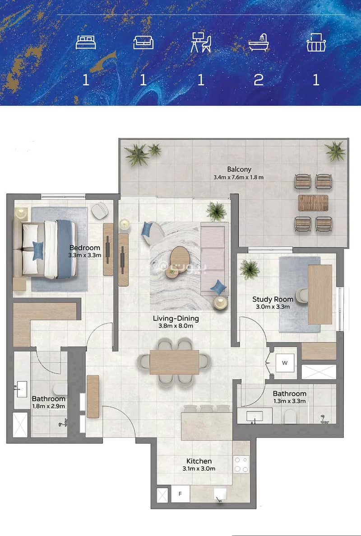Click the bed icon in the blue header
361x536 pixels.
click(x=86, y=42)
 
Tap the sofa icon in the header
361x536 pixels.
click(x=143, y=42)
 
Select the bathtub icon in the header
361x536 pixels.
click(x=258, y=42)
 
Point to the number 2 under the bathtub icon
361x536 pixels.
click(x=258, y=80)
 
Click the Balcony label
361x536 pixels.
click(x=239, y=169)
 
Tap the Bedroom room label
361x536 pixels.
click(x=85, y=248)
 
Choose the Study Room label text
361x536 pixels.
click(x=273, y=299)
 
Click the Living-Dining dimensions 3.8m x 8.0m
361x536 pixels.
click(x=176, y=326)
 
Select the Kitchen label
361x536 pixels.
click(x=199, y=461)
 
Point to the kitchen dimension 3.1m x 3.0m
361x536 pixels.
click(x=199, y=469)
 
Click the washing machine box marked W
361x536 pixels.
click(x=285, y=363)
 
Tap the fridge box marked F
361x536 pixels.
click(x=180, y=494)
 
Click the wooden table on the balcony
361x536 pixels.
click(x=313, y=203)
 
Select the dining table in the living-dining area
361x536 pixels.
click(x=174, y=362)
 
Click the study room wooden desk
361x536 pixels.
click(x=320, y=294)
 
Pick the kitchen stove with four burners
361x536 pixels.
click(x=241, y=464)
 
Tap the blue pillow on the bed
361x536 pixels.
click(x=38, y=250)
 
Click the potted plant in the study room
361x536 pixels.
click(x=250, y=269)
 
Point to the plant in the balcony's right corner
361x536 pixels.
click(x=335, y=151)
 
